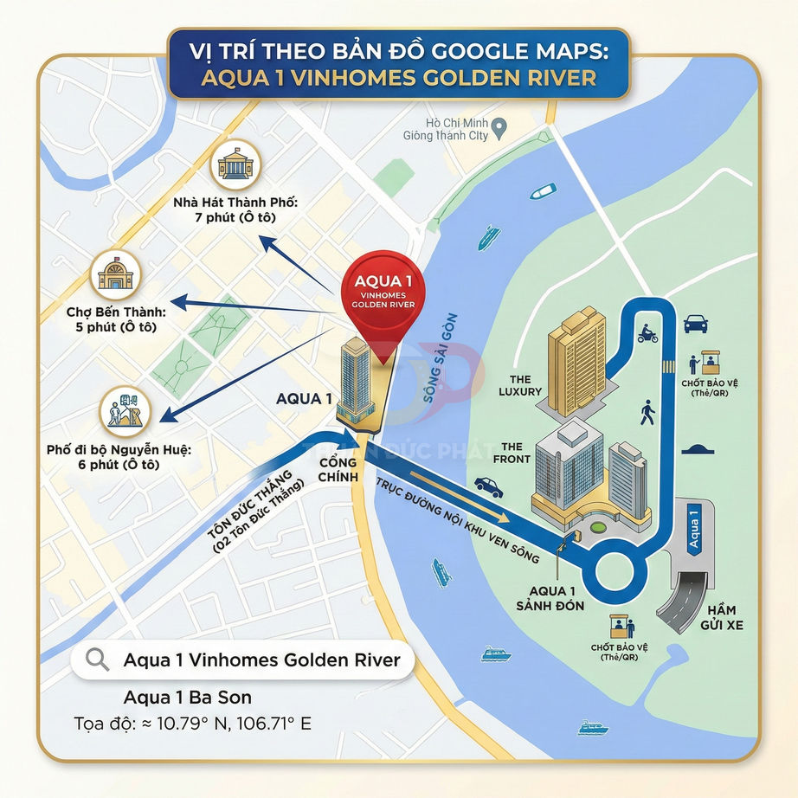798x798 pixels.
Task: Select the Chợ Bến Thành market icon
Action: [114, 274]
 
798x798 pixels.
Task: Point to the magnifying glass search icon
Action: [99, 660]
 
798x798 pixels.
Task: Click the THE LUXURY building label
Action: [520, 385]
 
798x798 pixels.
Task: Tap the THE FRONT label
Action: [512, 453]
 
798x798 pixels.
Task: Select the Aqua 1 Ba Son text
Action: [188, 697]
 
